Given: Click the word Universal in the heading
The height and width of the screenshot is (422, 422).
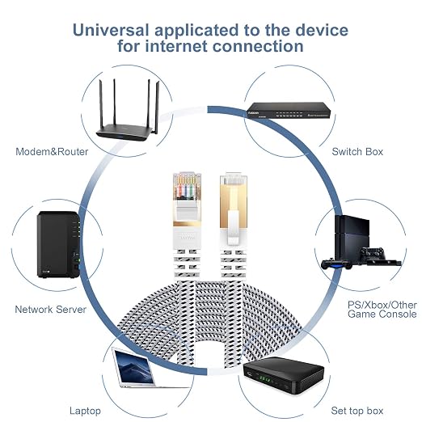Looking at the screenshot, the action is click(x=111, y=30).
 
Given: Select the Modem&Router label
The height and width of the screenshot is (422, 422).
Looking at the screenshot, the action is click(x=52, y=152).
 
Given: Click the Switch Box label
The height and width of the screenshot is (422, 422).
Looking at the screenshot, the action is click(x=357, y=152).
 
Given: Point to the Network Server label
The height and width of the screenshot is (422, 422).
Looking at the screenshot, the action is click(x=51, y=309).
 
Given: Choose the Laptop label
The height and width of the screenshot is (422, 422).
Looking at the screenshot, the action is click(x=85, y=411).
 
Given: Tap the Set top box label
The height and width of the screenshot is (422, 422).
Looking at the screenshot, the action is click(x=357, y=411).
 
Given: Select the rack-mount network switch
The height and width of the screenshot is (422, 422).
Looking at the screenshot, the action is click(x=289, y=111).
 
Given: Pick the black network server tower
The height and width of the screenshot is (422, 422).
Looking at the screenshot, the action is click(x=59, y=244).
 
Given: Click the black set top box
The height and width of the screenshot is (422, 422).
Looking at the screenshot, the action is click(x=283, y=376).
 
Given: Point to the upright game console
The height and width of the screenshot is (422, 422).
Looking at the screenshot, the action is click(x=352, y=238).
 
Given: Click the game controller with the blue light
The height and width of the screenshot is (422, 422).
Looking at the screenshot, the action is click(x=336, y=264).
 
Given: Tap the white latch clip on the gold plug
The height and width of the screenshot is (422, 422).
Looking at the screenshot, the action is click(x=234, y=228).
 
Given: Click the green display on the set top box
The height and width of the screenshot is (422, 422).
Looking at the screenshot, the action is click(x=264, y=379).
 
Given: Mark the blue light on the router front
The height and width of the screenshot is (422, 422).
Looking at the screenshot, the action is click(x=120, y=137).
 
